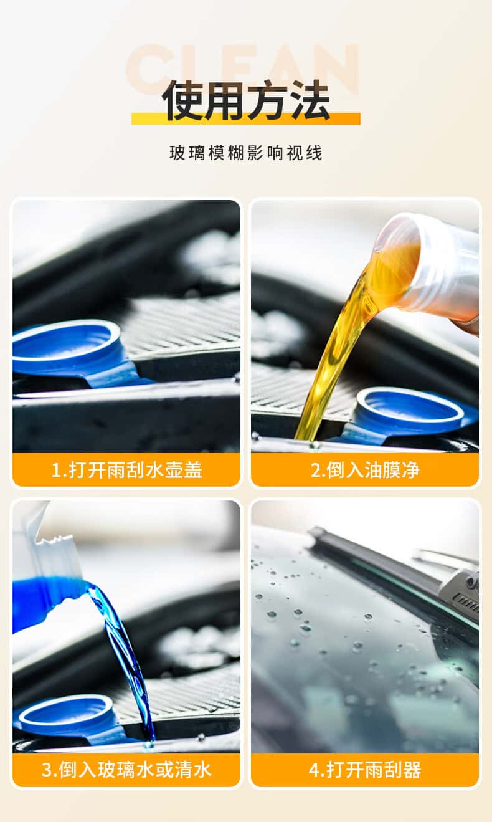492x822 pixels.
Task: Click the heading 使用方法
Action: [x=246, y=100]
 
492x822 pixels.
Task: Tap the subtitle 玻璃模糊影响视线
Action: [x=246, y=153]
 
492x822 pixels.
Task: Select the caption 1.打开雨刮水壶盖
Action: [x=126, y=470]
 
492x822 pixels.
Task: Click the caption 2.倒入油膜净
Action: [x=365, y=470]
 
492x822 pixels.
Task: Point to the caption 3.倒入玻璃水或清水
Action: [x=126, y=770]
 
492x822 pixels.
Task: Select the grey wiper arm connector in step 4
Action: [x=460, y=591]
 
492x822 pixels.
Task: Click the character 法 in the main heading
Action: [x=310, y=100]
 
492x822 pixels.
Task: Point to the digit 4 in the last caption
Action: [x=314, y=769]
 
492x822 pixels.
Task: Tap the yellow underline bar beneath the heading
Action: [x=246, y=118]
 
